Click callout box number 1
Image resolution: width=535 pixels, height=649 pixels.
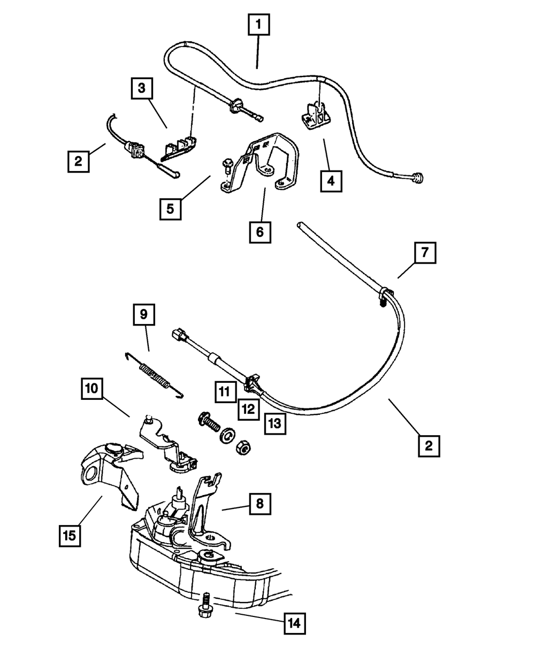click(x=258, y=24)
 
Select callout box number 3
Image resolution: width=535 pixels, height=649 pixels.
click(x=142, y=88)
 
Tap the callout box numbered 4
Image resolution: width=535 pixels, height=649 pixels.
click(x=331, y=181)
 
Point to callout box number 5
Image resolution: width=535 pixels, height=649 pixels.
click(x=170, y=209)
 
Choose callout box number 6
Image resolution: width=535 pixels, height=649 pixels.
click(x=259, y=232)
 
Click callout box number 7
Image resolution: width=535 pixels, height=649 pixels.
click(x=425, y=253)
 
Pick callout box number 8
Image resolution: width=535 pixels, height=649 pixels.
click(x=259, y=504)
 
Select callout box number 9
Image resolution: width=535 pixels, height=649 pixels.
click(x=144, y=314)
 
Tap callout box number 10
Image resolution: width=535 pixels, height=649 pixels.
click(x=92, y=389)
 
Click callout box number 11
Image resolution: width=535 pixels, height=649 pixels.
click(x=225, y=392)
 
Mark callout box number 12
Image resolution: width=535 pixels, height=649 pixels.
click(x=249, y=410)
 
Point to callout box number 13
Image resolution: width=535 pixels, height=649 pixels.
click(x=275, y=423)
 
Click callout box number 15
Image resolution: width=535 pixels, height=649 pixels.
click(x=70, y=536)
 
